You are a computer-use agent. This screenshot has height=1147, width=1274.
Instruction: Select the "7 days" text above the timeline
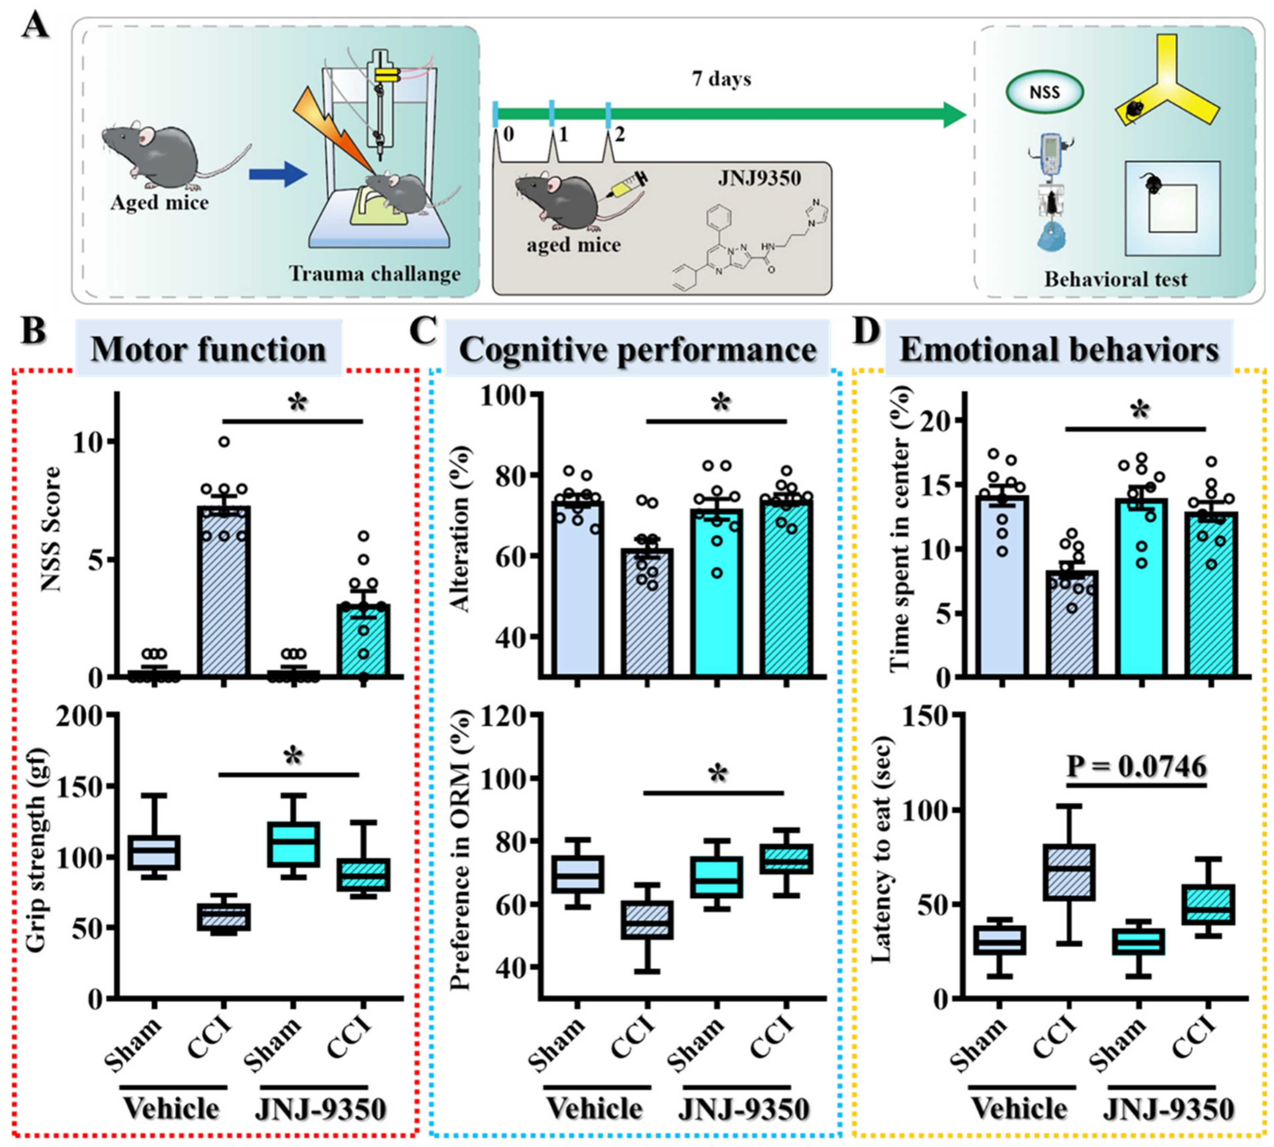(x=722, y=80)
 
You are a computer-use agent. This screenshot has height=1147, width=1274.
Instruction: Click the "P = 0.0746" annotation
(x=1136, y=767)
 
